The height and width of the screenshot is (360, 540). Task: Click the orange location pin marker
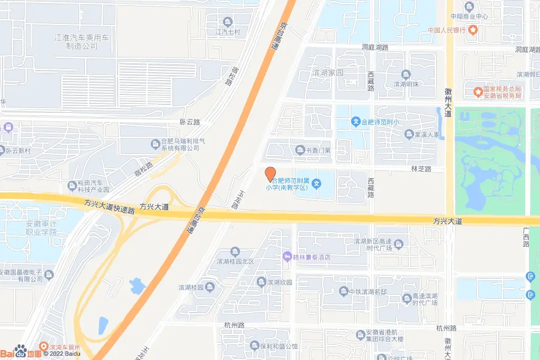click(x=270, y=173)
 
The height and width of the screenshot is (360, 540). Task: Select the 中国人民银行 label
click(x=447, y=30)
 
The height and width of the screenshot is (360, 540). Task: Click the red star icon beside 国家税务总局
click(x=478, y=92)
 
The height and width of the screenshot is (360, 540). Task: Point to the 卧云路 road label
click(x=190, y=122)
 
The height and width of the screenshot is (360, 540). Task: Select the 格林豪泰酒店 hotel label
click(x=312, y=257)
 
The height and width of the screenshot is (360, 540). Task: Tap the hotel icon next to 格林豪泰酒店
click(x=287, y=257)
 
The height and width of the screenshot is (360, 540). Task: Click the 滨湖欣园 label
click(x=279, y=283)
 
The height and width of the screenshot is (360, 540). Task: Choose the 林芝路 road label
click(x=421, y=169)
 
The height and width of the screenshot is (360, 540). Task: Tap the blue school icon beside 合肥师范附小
click(x=356, y=122)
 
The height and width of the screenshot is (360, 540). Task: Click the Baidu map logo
click(x=21, y=352)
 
